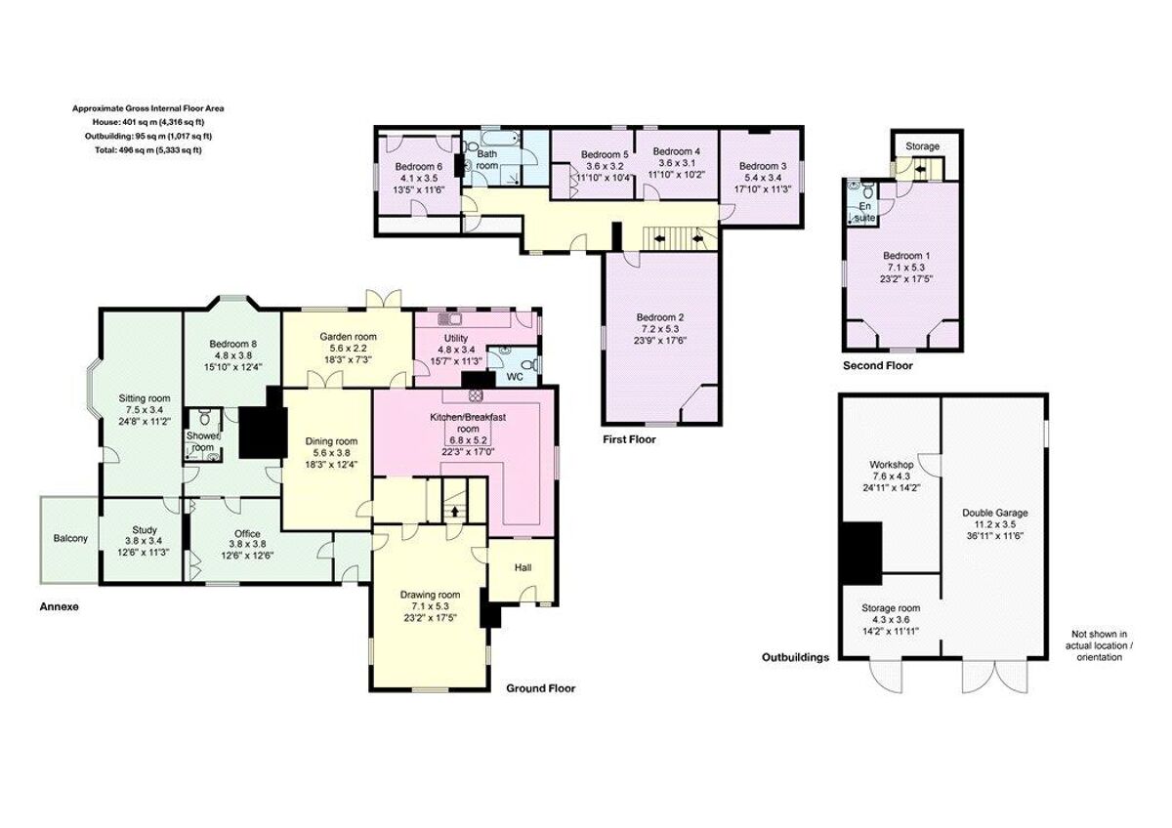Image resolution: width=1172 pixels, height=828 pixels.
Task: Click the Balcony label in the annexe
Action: [69, 538]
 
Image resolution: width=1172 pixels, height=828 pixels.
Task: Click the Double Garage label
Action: [994, 513]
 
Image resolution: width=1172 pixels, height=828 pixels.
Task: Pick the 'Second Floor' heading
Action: [877, 366]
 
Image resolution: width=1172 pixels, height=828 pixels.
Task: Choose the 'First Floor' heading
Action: [629, 439]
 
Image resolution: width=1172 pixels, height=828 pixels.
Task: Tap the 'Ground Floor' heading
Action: [540, 688]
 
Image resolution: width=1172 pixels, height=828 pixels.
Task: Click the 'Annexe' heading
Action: [59, 606]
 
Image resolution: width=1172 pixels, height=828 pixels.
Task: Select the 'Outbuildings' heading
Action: [795, 657]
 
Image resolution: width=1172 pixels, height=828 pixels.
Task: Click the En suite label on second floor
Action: [864, 212]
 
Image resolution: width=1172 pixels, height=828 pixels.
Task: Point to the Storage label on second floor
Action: [922, 146]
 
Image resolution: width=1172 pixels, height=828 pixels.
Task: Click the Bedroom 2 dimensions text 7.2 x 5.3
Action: [660, 329]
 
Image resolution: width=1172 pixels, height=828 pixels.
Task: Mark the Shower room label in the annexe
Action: [202, 441]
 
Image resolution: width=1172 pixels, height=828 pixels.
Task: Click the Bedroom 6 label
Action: [419, 166]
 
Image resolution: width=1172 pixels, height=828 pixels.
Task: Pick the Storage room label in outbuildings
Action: [891, 607]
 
